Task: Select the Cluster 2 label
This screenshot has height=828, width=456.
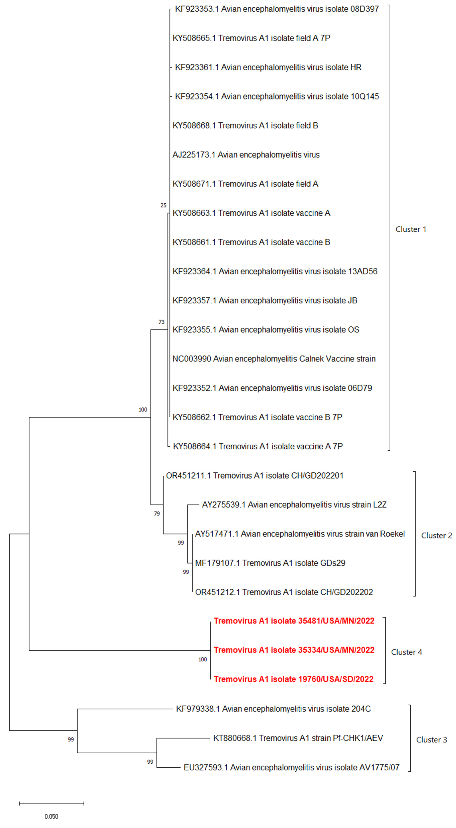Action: pos(436,535)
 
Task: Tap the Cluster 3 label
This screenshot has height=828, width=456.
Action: pos(431,740)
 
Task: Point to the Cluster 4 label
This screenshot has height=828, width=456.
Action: pos(406,652)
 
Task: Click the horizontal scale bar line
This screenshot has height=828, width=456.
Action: pos(51,804)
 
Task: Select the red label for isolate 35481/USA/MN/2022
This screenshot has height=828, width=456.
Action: pos(294,621)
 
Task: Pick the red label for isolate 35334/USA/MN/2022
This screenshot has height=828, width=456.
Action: pos(294,650)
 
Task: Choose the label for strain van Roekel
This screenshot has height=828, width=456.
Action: pos(300,534)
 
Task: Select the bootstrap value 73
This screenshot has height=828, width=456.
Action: pos(161,322)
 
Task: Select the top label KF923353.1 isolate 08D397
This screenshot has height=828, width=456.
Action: pos(277,9)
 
